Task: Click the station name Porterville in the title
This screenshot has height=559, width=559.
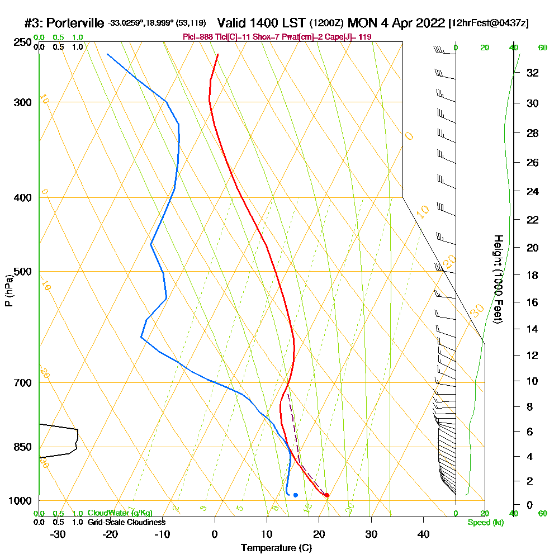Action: click(75, 23)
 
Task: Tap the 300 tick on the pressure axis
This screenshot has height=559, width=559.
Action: click(22, 102)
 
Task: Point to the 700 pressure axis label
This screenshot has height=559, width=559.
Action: click(22, 383)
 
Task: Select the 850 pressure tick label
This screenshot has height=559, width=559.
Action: click(22, 447)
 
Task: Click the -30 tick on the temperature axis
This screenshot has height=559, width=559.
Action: click(58, 534)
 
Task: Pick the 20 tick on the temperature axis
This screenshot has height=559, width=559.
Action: click(319, 534)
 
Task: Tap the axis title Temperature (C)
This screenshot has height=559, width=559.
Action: click(276, 548)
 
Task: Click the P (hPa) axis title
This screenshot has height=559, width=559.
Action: click(8, 291)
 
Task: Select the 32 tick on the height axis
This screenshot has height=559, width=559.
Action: click(533, 73)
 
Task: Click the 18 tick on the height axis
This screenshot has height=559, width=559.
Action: click(533, 275)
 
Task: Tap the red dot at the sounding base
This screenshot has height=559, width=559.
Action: click(327, 495)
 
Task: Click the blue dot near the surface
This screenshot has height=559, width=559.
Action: click(295, 495)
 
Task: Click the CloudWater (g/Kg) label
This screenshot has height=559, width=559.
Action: click(120, 513)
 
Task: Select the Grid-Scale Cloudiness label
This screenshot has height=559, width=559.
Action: click(126, 522)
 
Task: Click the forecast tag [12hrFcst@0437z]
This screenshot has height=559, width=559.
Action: click(488, 23)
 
